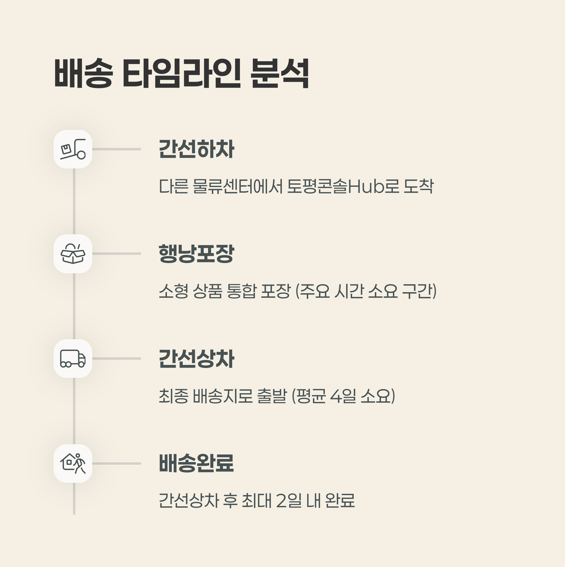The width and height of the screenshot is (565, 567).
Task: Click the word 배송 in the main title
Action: click(83, 73)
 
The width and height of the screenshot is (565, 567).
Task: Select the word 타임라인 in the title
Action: click(182, 73)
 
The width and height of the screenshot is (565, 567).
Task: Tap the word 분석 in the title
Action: click(280, 73)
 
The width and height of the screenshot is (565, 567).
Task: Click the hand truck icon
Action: click(73, 149)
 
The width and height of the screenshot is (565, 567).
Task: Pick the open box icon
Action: click(73, 254)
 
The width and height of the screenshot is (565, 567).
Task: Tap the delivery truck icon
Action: click(73, 358)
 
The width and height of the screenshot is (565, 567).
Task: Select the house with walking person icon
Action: click(73, 463)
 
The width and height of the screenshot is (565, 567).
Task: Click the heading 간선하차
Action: click(196, 149)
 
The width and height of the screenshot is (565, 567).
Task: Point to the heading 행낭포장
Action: click(196, 254)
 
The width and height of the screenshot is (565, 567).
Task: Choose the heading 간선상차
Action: click(196, 358)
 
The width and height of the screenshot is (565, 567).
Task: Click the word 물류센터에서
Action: click(238, 186)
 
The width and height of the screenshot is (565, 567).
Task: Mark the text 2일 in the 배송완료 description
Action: click(289, 500)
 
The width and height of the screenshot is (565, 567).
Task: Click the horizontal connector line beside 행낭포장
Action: click(117, 254)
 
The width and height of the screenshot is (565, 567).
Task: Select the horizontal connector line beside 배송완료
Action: click(117, 463)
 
